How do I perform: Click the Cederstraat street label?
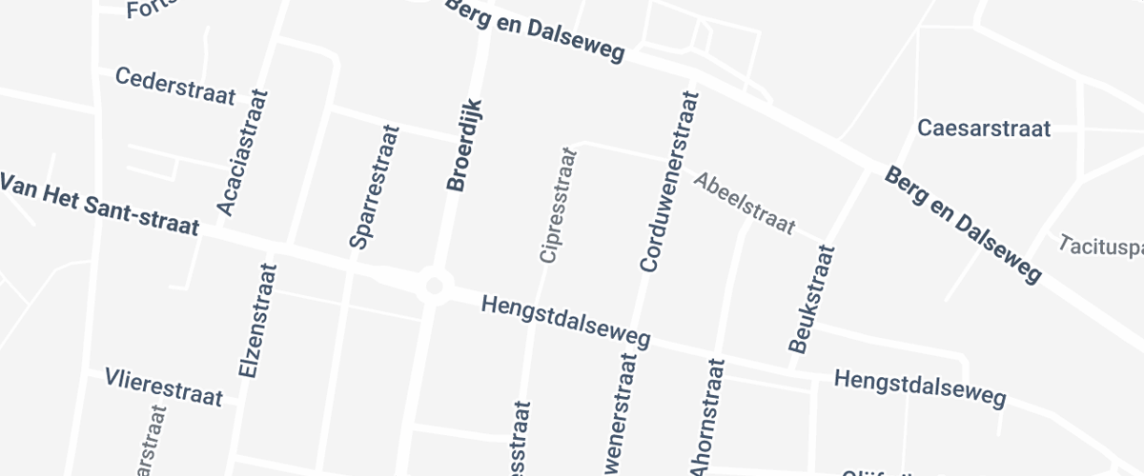[x=174, y=86]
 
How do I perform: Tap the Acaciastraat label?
[x=243, y=152]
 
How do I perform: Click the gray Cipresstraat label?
[x=558, y=205]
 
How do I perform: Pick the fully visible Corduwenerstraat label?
[x=668, y=182]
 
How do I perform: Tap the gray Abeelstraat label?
[x=744, y=202]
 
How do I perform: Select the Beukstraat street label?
[x=811, y=299]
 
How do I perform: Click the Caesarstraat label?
[x=983, y=128]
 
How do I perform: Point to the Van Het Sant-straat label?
[x=98, y=204]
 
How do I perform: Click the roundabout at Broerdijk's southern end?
[x=435, y=284]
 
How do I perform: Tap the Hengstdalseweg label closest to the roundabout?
[x=566, y=321]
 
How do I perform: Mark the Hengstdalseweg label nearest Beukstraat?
[x=920, y=388]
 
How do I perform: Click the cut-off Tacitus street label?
[x=1100, y=246]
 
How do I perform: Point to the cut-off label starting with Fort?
[x=153, y=10]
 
